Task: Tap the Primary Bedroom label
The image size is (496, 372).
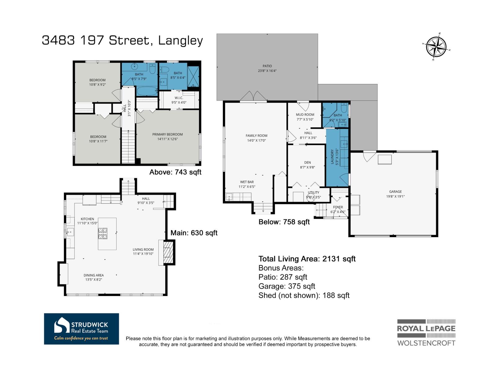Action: [x=167, y=137]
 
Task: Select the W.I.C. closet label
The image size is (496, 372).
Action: [x=179, y=100]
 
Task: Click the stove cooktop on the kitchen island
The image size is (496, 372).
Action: [x=103, y=233]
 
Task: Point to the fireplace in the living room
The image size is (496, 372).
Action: [x=167, y=253]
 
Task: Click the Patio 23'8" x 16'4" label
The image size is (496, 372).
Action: [x=267, y=68]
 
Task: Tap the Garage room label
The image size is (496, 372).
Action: [x=395, y=194]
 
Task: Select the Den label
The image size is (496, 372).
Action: [x=307, y=165]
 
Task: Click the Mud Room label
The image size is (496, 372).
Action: [x=305, y=117]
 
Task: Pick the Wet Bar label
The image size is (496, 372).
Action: [x=247, y=184]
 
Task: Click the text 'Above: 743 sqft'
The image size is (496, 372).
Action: [x=175, y=172]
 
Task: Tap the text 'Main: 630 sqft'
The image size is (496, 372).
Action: [x=194, y=233]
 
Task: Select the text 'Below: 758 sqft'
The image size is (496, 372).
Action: [x=284, y=222]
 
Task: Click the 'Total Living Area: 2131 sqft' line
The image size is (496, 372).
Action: [x=307, y=259]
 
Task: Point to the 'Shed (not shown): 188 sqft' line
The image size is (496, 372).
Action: [x=304, y=295]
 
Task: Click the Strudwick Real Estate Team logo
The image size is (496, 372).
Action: [x=81, y=329]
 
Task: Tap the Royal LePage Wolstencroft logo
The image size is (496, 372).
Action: [x=426, y=333]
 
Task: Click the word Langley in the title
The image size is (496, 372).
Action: [x=180, y=41]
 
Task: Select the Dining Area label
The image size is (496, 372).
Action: [x=93, y=277]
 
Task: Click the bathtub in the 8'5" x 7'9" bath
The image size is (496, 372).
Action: [x=147, y=91]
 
